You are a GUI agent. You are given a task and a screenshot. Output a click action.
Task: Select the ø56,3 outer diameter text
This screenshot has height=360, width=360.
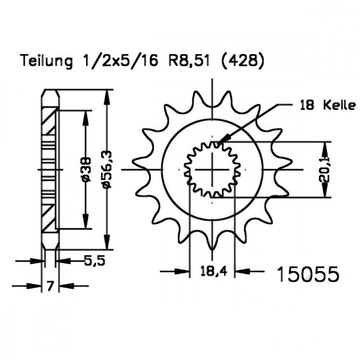click(x=106, y=169)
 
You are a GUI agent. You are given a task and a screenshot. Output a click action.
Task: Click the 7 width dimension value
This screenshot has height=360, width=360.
click(x=50, y=286)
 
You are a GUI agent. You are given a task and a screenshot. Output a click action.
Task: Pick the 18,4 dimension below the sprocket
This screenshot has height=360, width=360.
click(x=212, y=273)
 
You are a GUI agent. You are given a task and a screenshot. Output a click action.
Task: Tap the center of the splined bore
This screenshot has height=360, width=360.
click(x=213, y=169)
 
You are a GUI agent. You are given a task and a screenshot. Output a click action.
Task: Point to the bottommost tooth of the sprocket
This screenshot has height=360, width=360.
click(x=213, y=244)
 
